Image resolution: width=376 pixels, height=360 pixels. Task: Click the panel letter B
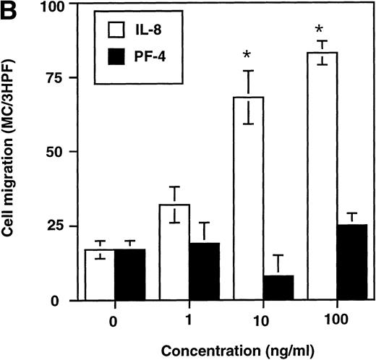(10, 10)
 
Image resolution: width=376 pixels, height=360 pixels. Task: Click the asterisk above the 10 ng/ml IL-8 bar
(247, 56)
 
